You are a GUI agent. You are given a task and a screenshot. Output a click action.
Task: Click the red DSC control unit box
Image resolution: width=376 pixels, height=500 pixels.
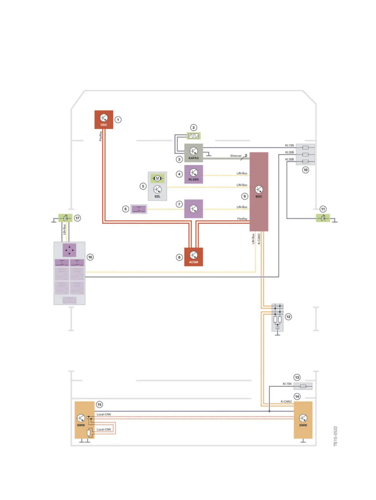point(104,120)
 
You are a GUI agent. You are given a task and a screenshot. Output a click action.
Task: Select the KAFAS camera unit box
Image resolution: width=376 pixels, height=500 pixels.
point(193,153)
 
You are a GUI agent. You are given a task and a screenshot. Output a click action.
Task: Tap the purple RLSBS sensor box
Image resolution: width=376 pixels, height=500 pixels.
point(193,174)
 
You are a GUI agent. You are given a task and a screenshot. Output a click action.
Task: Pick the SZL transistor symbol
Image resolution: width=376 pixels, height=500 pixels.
point(157,189)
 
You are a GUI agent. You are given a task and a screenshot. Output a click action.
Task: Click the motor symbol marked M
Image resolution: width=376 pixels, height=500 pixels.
point(157,178)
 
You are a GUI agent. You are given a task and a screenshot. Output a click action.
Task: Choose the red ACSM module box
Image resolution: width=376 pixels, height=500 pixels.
point(193,257)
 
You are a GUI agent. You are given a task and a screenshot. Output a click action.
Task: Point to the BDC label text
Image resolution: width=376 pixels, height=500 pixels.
point(259,196)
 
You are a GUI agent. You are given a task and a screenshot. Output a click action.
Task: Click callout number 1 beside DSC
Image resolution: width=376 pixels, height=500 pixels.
point(118,120)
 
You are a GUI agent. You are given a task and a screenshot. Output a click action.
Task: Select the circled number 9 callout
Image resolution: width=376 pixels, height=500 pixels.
point(245,196)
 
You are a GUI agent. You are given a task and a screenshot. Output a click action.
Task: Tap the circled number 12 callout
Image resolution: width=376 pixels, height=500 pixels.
point(288,317)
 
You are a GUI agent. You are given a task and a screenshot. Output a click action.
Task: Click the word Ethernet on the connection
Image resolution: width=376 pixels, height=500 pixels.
point(236,156)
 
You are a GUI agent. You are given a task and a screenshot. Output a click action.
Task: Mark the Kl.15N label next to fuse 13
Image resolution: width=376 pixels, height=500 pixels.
point(287,384)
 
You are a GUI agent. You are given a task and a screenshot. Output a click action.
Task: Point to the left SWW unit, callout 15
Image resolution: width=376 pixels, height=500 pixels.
point(84,420)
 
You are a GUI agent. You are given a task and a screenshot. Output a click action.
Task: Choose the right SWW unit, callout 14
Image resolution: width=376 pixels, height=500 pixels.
point(303,420)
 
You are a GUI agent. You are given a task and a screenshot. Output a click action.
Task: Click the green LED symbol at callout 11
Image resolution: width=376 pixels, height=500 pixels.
point(323,218)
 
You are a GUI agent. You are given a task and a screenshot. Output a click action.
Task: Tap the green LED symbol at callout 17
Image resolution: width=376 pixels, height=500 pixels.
point(65,218)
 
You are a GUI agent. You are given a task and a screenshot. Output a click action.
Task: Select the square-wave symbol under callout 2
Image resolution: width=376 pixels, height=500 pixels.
point(193,136)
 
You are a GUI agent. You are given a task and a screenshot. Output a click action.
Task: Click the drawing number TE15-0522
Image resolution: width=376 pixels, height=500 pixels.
point(336,436)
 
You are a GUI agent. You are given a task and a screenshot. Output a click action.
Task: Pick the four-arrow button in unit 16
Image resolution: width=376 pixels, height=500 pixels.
point(70,250)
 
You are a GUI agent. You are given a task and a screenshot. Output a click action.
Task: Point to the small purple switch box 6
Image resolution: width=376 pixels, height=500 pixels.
point(139,209)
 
